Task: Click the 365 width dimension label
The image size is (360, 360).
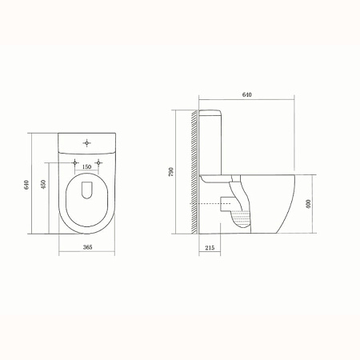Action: point(87,247)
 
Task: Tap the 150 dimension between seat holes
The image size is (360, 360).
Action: point(86,167)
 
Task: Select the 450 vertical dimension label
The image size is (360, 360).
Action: point(43,184)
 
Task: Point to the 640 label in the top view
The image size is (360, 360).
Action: point(26,185)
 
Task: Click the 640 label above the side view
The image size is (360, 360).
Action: point(247,94)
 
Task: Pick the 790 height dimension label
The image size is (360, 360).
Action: point(171,172)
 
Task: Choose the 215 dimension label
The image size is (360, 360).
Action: point(210,248)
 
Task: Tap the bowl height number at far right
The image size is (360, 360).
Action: point(309,204)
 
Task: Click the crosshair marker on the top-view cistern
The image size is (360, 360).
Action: point(86,143)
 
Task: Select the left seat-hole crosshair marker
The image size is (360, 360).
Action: point(75,162)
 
